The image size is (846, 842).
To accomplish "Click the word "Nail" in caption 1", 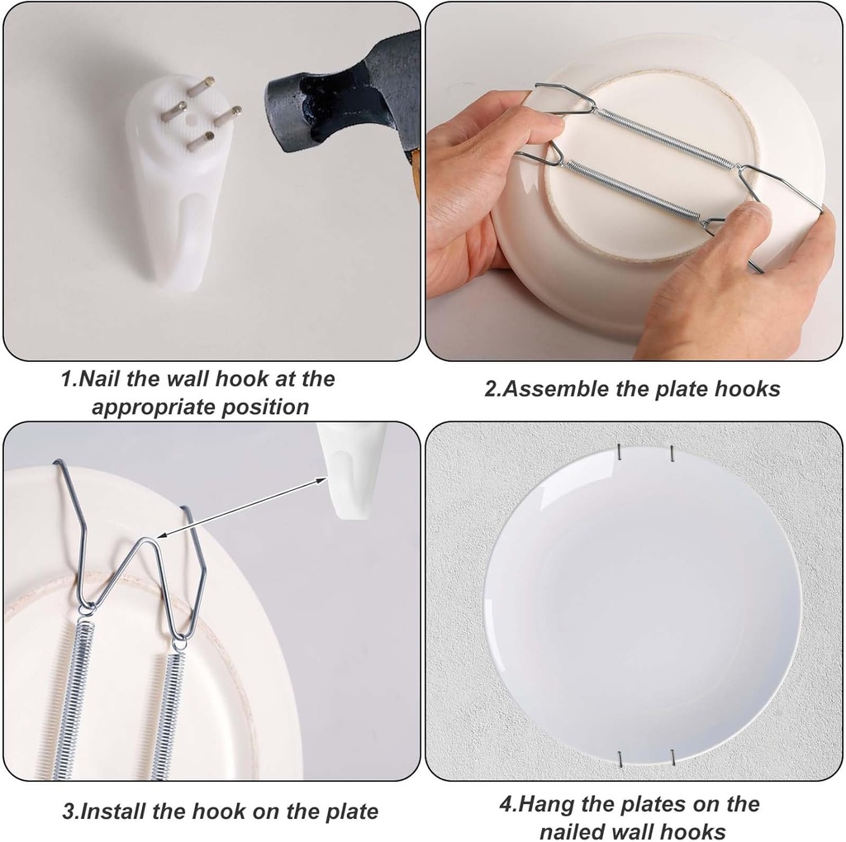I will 98,379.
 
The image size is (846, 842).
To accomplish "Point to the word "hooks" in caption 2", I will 749,389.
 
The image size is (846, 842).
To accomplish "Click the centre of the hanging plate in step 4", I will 642,603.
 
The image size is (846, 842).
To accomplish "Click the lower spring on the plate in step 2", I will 632,191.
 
